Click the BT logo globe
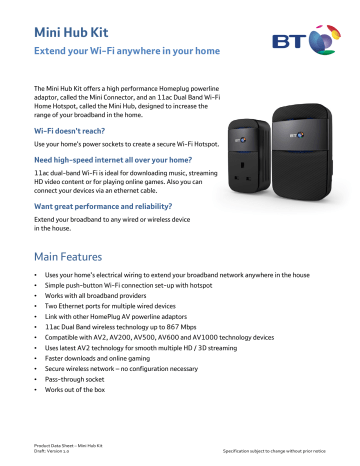pos(321,42)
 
